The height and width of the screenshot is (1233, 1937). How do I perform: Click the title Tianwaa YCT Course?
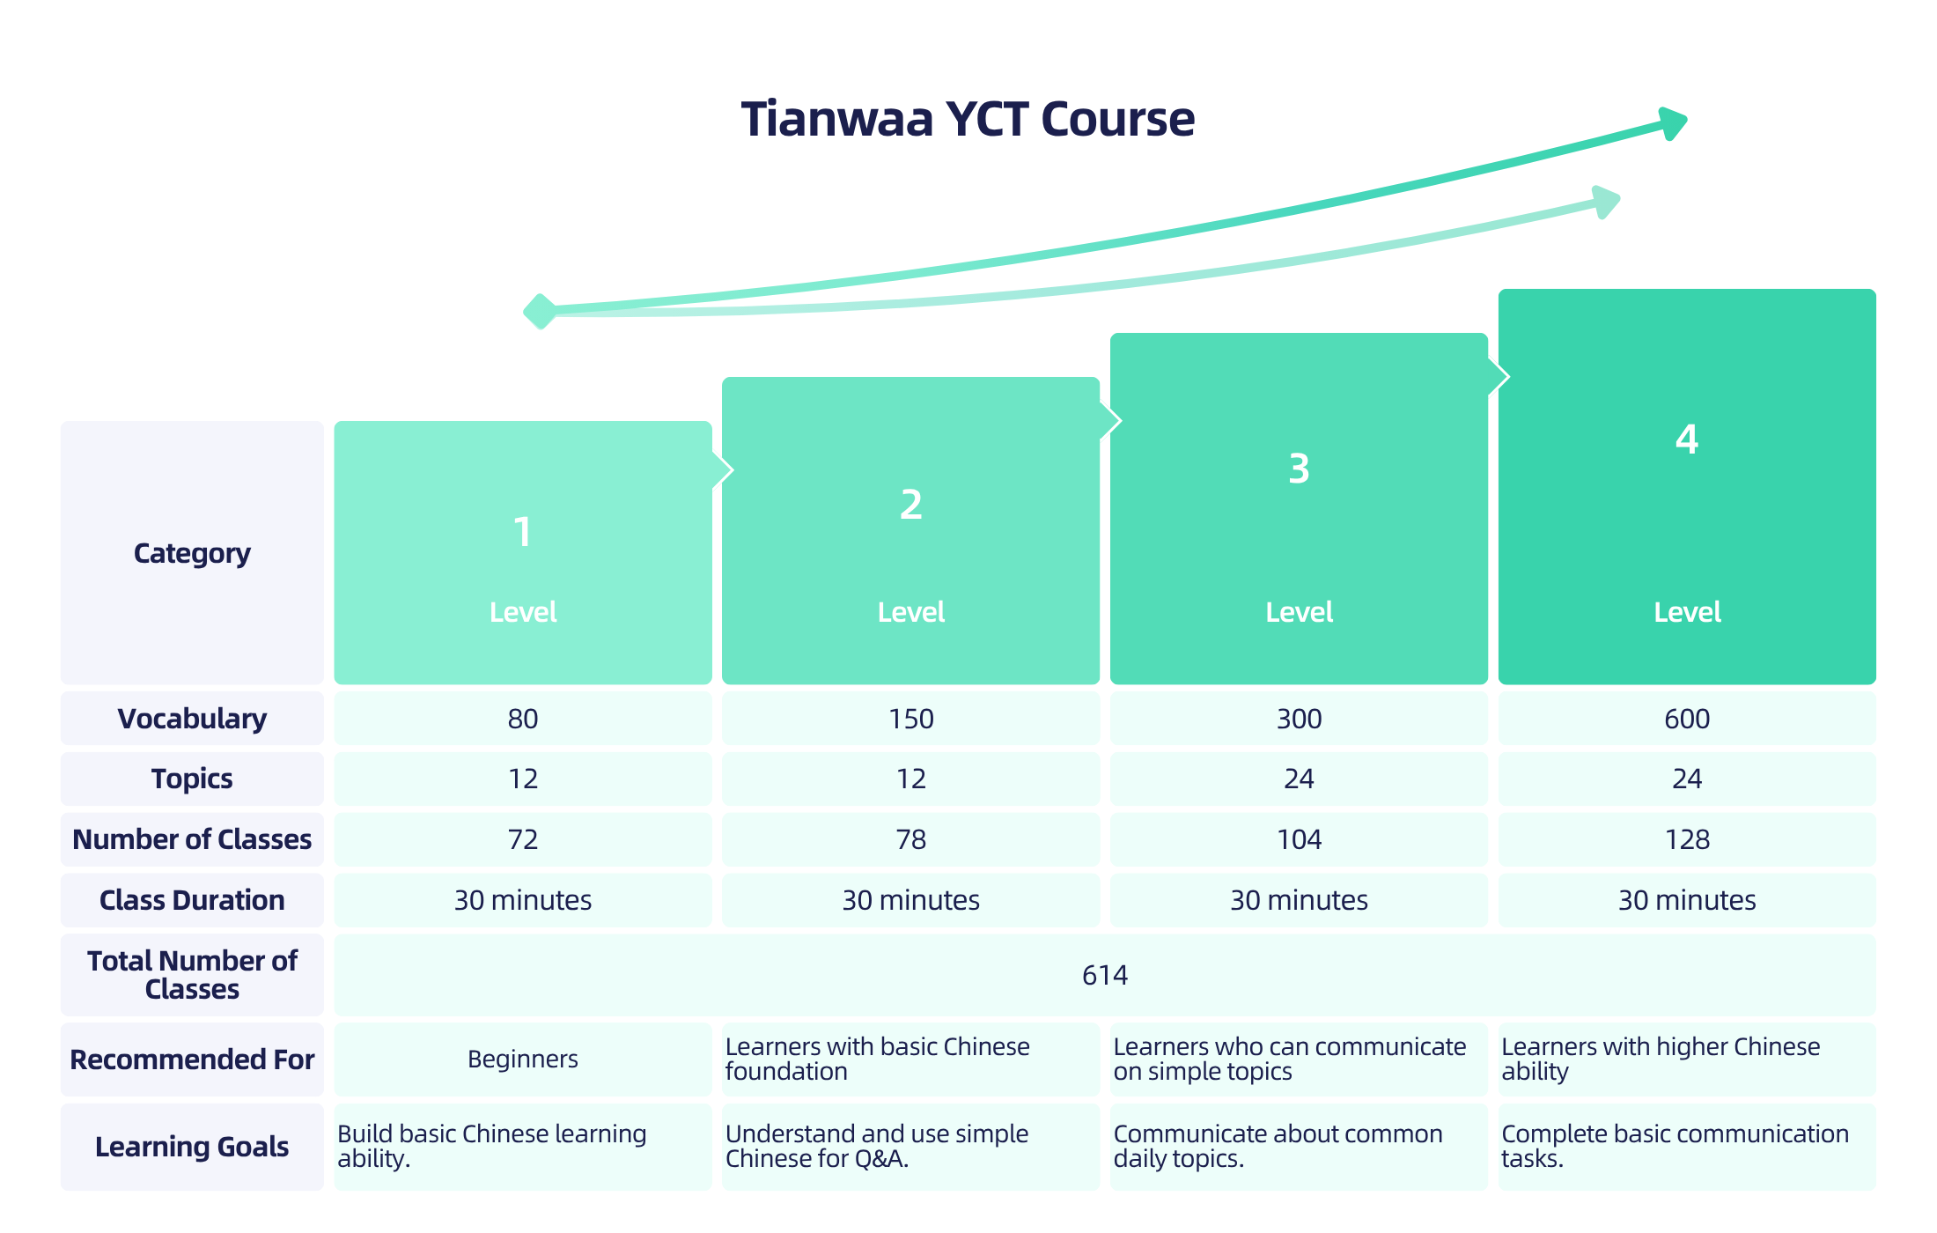click(968, 119)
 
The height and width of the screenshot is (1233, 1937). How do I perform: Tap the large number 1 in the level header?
click(522, 532)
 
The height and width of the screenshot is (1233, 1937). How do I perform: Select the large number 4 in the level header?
click(1687, 439)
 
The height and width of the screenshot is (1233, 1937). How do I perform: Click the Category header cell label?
click(192, 553)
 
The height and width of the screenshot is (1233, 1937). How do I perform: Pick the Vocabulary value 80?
click(523, 719)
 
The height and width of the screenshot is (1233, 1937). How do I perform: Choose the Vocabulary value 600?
click(1687, 719)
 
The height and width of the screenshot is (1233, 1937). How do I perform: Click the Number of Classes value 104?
click(1299, 839)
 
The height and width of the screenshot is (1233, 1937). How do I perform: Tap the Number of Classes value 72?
click(523, 839)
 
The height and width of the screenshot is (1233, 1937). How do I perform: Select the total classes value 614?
click(1105, 975)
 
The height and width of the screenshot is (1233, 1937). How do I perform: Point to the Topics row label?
click(192, 779)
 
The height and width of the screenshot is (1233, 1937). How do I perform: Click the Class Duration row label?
click(192, 900)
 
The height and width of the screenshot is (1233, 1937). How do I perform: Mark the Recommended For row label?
click(192, 1059)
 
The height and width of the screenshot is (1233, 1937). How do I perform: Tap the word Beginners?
click(523, 1059)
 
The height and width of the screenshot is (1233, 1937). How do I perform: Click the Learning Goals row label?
click(192, 1147)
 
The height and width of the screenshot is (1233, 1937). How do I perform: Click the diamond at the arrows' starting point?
click(541, 311)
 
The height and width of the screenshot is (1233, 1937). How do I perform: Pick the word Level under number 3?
click(1299, 612)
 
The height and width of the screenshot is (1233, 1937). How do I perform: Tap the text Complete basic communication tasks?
click(1675, 1146)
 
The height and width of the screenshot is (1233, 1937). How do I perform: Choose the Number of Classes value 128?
click(1687, 839)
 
